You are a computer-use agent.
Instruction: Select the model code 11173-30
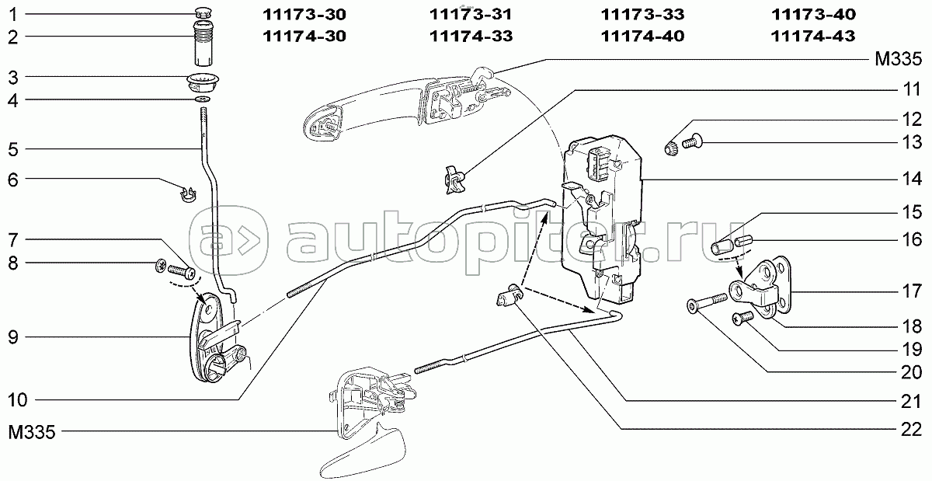304,15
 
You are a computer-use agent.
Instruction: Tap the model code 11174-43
815,37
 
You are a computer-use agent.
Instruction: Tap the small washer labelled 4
202,99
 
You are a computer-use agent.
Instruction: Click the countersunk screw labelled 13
693,141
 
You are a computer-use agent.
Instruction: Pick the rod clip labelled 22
508,295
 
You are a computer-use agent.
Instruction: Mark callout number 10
18,399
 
